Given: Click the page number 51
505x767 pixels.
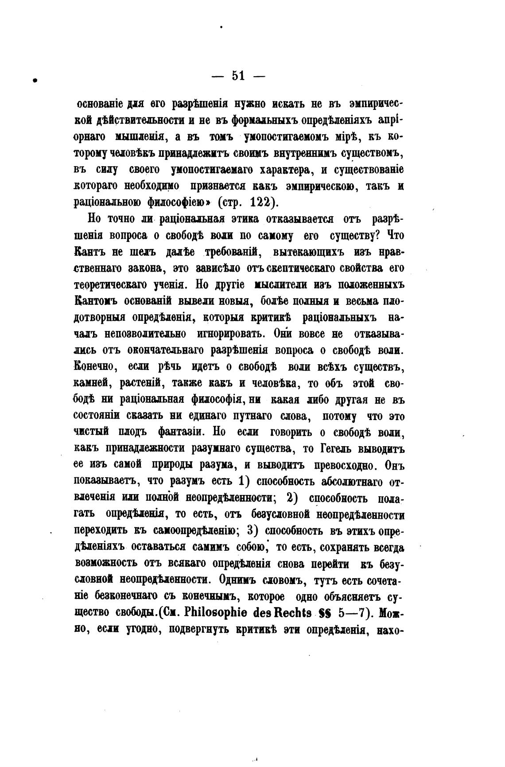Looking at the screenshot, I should [238, 76].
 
